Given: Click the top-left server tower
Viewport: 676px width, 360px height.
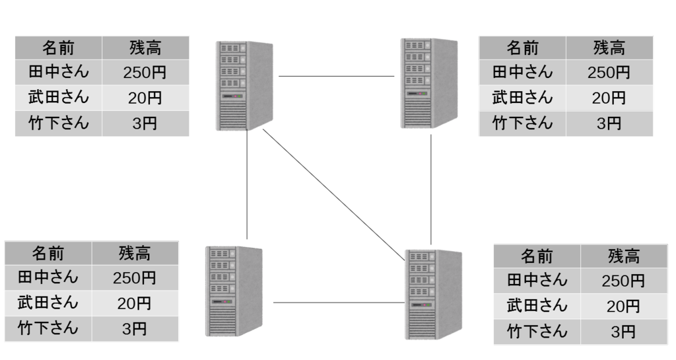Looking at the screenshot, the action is [244, 86].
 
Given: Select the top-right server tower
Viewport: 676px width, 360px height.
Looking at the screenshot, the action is [428, 83].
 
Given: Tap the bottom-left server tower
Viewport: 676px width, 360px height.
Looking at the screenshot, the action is [234, 291].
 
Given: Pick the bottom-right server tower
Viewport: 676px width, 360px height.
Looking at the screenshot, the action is [433, 295].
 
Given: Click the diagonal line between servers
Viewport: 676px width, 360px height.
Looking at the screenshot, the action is [333, 195].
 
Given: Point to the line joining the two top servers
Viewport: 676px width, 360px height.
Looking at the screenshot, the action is [336, 77].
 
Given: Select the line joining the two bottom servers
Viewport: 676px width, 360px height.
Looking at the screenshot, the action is [339, 303].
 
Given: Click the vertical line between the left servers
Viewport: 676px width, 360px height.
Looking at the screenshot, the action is [247, 184].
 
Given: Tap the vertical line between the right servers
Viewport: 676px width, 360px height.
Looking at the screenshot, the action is [430, 190].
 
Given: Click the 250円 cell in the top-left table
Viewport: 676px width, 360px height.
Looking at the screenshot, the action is [145, 72].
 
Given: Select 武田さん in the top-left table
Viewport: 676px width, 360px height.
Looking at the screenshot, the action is [59, 98].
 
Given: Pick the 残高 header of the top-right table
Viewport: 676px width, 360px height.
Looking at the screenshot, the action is [609, 48].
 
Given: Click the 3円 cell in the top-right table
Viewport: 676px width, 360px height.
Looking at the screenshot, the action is [609, 124].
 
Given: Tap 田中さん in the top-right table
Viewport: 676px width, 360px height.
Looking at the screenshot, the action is [523, 72].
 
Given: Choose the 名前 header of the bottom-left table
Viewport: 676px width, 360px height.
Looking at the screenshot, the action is [48, 253].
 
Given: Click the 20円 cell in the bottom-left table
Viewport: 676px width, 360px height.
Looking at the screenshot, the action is [135, 303].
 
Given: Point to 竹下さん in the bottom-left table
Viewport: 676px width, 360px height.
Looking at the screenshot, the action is [48, 329].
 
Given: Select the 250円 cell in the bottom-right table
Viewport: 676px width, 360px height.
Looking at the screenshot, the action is [624, 281].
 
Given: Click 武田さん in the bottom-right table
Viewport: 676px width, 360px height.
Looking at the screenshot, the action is [537, 306].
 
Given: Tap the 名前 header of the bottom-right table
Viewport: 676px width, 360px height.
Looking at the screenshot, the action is [537, 256].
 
